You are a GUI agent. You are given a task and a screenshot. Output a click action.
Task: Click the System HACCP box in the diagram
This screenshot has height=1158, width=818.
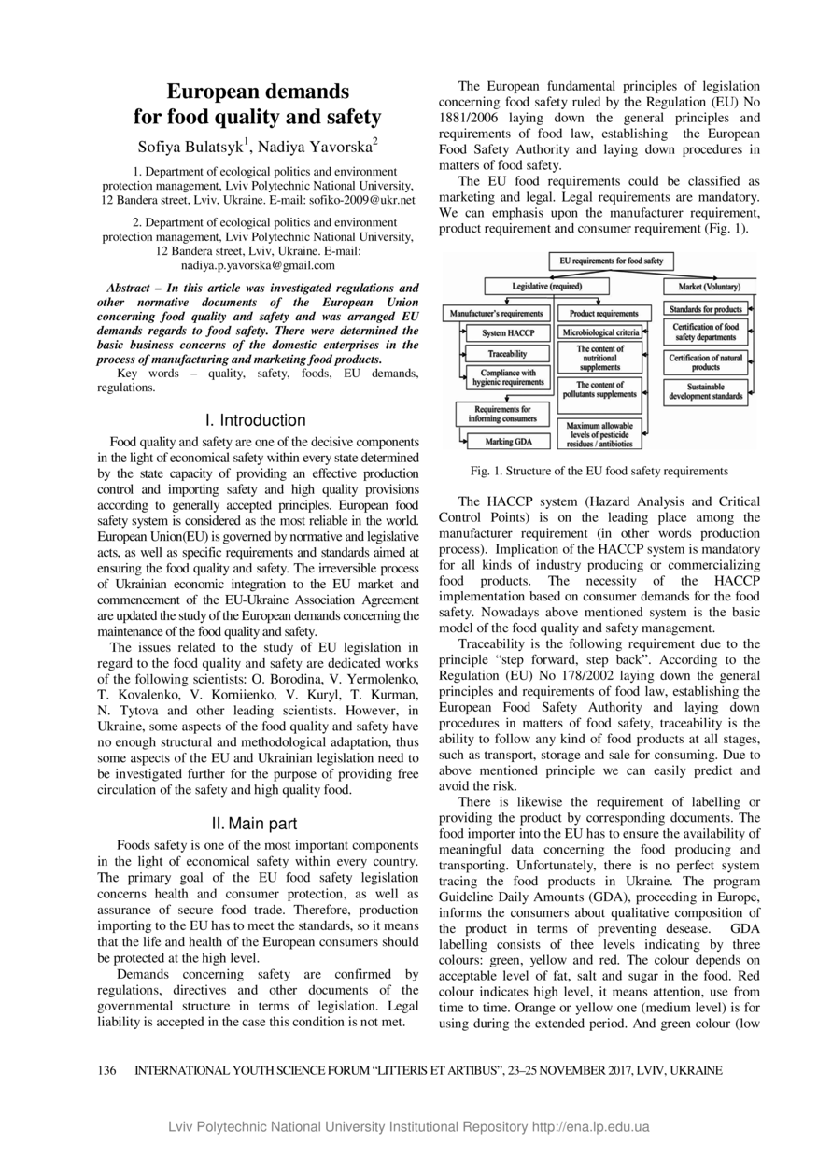click(508, 333)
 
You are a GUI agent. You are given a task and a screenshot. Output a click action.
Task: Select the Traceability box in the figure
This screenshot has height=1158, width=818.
click(507, 354)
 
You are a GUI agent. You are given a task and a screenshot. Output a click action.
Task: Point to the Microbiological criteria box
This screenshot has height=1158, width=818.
click(600, 332)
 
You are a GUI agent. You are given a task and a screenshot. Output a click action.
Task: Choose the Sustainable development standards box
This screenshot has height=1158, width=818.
click(706, 391)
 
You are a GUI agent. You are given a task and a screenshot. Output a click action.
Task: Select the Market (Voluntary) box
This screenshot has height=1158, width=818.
click(709, 286)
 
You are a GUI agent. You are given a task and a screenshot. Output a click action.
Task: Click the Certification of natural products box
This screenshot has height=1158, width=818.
click(706, 362)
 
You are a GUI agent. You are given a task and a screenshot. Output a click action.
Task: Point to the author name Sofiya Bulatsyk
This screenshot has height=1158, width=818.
click(191, 147)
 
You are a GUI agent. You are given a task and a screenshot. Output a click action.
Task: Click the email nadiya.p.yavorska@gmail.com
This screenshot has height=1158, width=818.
click(257, 265)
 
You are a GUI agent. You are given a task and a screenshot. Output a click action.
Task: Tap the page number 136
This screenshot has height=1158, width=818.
click(107, 1071)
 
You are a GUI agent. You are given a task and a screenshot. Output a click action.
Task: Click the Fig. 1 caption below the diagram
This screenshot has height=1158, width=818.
click(599, 471)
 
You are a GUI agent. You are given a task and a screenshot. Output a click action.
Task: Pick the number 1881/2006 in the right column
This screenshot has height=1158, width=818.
click(469, 118)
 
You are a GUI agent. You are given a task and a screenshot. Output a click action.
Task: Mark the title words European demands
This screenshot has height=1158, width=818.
click(258, 92)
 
